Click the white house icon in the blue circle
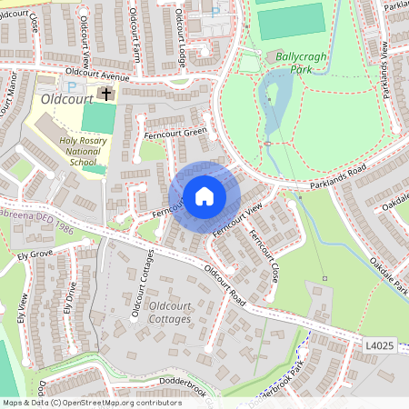(x=204, y=195)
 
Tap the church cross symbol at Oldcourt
(x=106, y=94)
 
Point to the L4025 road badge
(x=381, y=346)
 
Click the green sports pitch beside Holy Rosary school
(x=99, y=118)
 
